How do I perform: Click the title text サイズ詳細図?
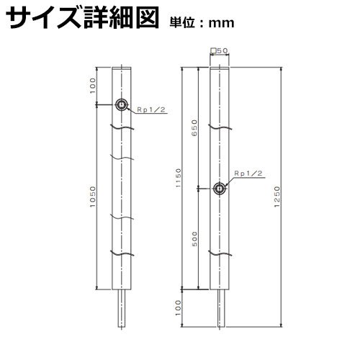click(82, 18)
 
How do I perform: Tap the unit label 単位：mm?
click(202, 23)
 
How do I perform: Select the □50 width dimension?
click(219, 50)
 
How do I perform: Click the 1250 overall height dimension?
click(277, 197)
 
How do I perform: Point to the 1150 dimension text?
click(179, 178)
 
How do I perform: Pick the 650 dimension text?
click(194, 128)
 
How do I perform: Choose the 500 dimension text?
click(194, 238)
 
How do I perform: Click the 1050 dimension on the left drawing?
click(93, 197)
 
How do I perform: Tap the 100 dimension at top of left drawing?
click(93, 86)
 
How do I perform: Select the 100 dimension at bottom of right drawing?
click(179, 308)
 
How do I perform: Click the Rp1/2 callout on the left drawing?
click(151, 109)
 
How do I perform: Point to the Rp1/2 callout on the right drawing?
click(248, 174)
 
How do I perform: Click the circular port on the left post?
click(122, 104)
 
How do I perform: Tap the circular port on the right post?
click(220, 189)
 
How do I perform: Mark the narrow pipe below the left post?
click(122, 308)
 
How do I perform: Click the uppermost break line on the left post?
click(122, 127)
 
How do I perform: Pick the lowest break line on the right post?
click(220, 253)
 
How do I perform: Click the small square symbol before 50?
click(212, 50)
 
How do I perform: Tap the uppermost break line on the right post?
click(220, 127)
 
